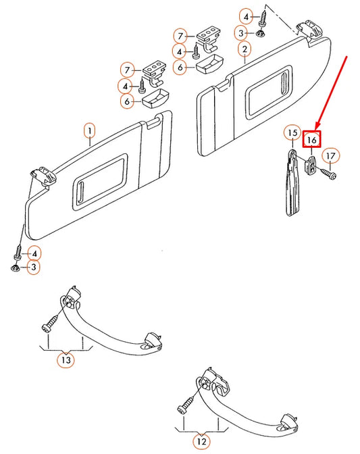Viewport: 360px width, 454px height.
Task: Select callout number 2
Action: [x=244, y=49]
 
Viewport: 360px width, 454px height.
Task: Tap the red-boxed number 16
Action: [x=311, y=140]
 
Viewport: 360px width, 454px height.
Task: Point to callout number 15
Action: [x=291, y=133]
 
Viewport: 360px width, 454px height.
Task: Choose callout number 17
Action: [x=330, y=157]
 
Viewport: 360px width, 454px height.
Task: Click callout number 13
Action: [x=65, y=360]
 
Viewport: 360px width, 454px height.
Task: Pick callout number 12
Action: [x=201, y=443]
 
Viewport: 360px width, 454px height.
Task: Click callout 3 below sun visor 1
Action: [x=32, y=268]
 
